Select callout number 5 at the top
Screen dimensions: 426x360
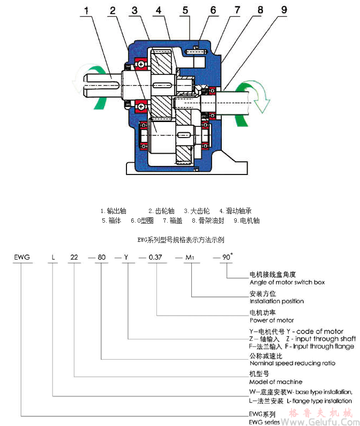185,10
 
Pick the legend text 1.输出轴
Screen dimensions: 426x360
114,211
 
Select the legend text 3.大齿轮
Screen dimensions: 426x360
196,211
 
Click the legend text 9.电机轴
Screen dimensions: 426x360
246,220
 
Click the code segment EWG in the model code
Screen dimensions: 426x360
21,257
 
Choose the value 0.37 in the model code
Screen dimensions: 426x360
156,257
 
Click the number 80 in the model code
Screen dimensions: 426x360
101,257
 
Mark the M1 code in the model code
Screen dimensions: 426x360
191,257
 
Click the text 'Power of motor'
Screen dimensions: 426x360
272,320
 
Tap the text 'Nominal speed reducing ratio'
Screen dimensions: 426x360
292,363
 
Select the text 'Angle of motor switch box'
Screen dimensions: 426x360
287,282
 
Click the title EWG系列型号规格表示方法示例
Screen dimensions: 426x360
181,240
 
